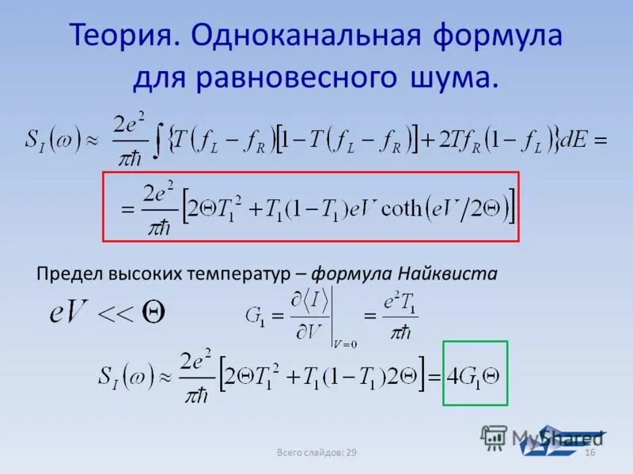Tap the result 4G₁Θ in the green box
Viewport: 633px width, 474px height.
coord(473,374)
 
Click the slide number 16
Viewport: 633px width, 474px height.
coord(589,452)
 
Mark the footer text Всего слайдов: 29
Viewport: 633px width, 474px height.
coord(316,452)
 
